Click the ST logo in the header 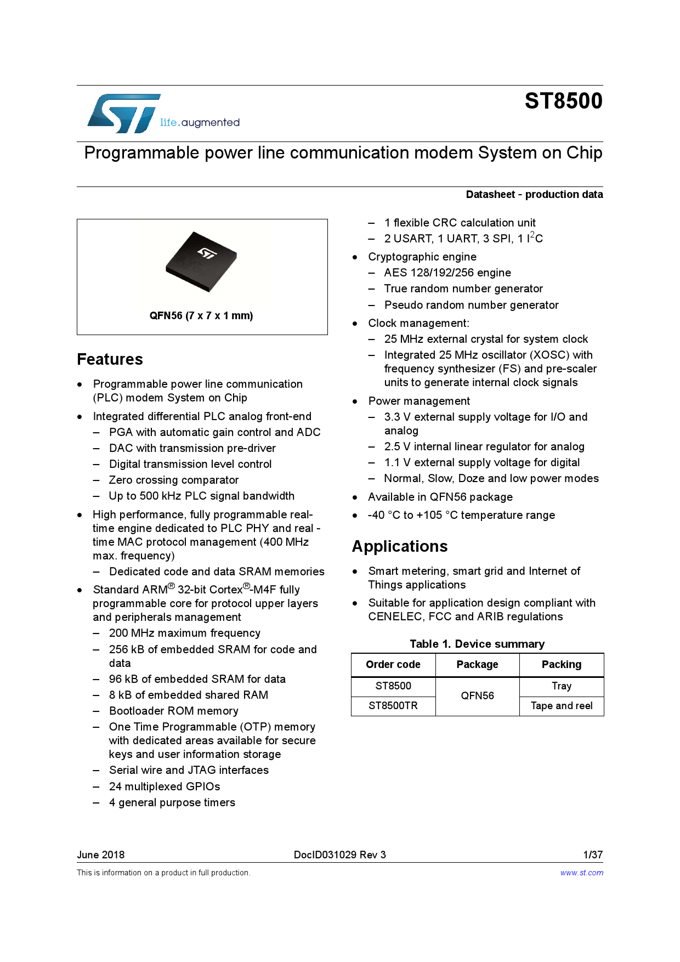[x=124, y=114]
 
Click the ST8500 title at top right [x=563, y=101]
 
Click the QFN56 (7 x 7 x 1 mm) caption [x=201, y=315]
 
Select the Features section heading [x=110, y=359]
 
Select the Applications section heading [x=400, y=546]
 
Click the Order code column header [x=393, y=664]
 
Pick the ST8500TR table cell [x=393, y=705]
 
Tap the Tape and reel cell [x=561, y=705]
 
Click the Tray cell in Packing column [x=561, y=686]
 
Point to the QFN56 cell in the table [x=477, y=695]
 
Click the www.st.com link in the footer [x=581, y=873]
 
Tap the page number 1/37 [x=593, y=855]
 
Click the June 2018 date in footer [x=101, y=855]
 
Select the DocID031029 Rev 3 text [x=339, y=855]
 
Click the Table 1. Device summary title [x=477, y=644]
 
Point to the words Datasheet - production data [x=534, y=194]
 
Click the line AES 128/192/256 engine [x=447, y=273]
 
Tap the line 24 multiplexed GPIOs [x=165, y=786]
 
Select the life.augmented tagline [x=200, y=122]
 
